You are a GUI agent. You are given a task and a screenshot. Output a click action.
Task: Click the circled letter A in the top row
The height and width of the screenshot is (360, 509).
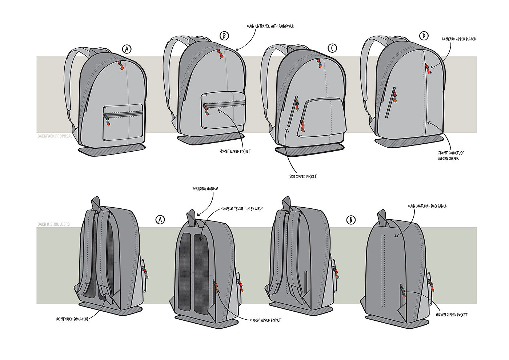(127, 49)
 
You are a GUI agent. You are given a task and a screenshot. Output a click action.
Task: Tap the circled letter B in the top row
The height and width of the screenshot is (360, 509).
(225, 36)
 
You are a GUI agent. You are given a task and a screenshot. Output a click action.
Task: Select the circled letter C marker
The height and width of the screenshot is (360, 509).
(332, 48)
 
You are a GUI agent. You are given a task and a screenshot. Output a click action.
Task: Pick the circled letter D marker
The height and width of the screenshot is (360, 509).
(424, 36)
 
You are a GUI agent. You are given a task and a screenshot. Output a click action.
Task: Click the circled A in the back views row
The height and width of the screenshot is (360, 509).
(160, 219)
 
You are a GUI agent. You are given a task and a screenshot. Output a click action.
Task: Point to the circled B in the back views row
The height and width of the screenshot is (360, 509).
(350, 219)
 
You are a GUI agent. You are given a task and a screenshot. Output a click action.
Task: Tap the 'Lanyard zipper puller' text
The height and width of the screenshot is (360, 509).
(459, 39)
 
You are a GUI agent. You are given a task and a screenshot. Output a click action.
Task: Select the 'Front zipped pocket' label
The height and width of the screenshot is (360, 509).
(235, 151)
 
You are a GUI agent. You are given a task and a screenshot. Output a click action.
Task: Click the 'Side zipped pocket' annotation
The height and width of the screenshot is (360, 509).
(300, 176)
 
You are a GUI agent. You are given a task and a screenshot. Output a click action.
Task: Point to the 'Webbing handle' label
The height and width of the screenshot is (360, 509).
(206, 189)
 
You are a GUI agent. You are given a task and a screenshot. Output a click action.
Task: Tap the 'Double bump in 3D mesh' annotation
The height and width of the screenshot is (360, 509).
(243, 209)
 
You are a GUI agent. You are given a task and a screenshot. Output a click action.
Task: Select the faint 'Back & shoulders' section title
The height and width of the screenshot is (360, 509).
(53, 224)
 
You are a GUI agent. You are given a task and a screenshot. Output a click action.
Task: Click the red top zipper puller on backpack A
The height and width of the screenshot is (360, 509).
(120, 66)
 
